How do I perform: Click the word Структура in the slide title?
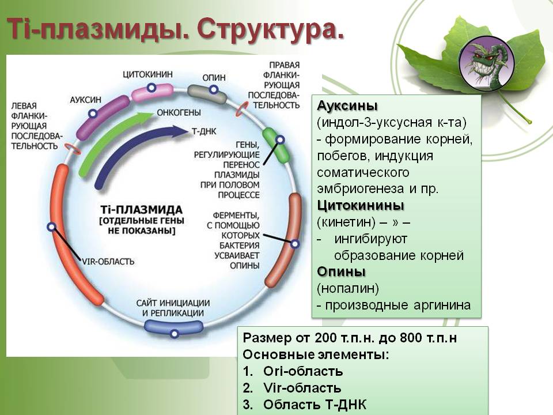(271, 29)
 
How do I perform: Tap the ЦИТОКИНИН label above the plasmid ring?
(147, 75)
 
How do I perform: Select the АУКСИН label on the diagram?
(86, 99)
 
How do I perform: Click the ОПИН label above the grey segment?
(214, 77)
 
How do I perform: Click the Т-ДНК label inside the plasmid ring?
(202, 131)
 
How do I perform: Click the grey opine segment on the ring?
(208, 93)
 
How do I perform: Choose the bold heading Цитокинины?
(360, 206)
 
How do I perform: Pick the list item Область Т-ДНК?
(314, 405)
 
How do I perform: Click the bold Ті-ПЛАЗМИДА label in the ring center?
(142, 209)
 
